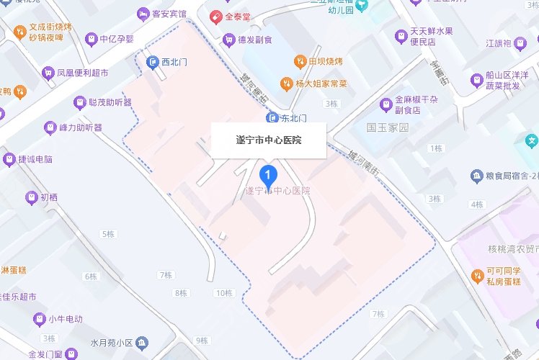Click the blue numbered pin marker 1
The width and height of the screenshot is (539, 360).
point(269,175)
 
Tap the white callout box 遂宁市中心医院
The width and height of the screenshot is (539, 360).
point(269,140)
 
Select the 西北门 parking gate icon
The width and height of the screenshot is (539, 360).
point(152,63)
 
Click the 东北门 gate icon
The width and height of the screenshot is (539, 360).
point(272,117)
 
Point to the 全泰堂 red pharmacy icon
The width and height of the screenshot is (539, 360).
point(215,15)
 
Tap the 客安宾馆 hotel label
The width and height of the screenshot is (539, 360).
point(170,14)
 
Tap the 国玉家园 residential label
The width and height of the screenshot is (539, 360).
point(387,127)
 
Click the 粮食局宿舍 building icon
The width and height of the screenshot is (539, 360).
point(476,176)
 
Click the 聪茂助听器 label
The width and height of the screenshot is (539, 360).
point(110,102)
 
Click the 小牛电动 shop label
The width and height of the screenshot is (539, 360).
point(65,319)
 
